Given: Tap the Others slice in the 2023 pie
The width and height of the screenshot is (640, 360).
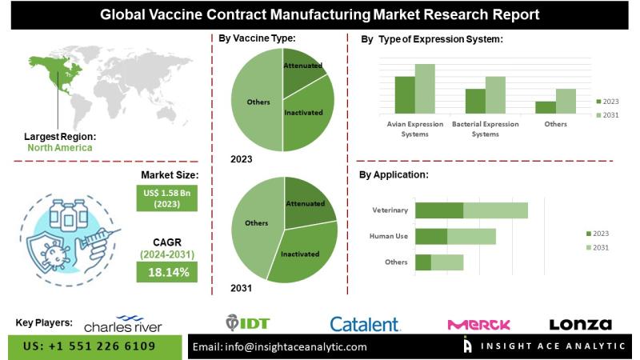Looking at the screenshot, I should click(254, 102).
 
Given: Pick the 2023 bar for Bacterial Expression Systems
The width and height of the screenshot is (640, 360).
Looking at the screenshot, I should click(475, 100).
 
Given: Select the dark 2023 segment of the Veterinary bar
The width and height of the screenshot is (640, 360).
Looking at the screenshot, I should click(439, 210).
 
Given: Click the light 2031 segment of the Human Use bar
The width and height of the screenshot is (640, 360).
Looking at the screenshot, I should click(471, 236).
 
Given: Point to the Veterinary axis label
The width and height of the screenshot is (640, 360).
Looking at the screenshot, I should click(390, 210).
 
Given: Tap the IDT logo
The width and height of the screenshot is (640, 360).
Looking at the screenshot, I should click(249, 322).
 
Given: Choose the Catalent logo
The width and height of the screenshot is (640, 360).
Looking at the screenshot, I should click(365, 324).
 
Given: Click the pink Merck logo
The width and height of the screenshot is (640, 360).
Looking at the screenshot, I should click(478, 324).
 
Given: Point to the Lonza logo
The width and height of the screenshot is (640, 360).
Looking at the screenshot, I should click(580, 324).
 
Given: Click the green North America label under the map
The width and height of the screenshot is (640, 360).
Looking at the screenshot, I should click(59, 147).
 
